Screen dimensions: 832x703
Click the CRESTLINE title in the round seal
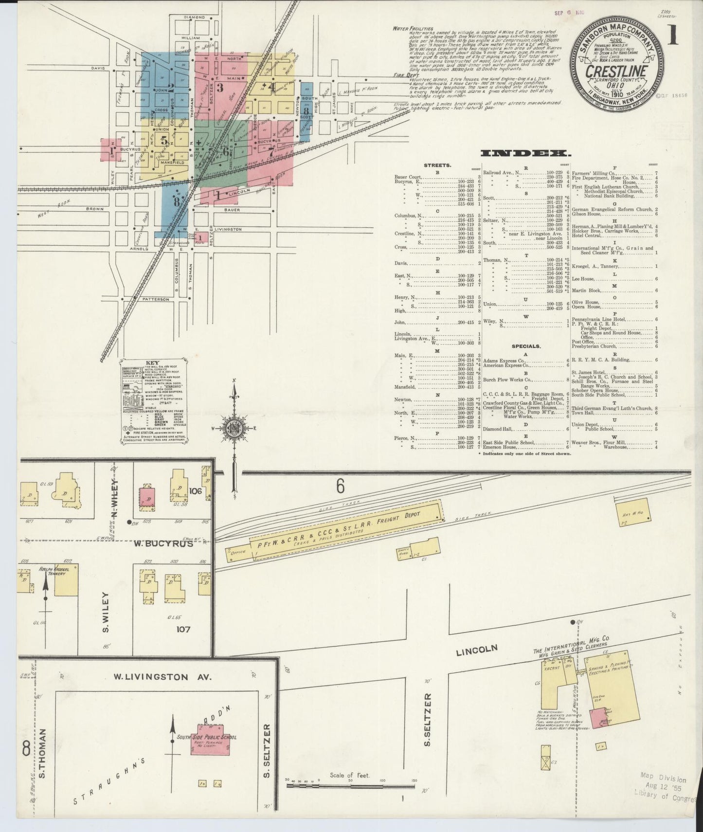[617, 71]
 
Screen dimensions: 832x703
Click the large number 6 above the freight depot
[340, 485]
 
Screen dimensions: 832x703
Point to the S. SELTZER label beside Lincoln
[428, 715]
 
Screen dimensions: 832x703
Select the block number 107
[183, 629]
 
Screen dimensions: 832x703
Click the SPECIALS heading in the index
[525, 346]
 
